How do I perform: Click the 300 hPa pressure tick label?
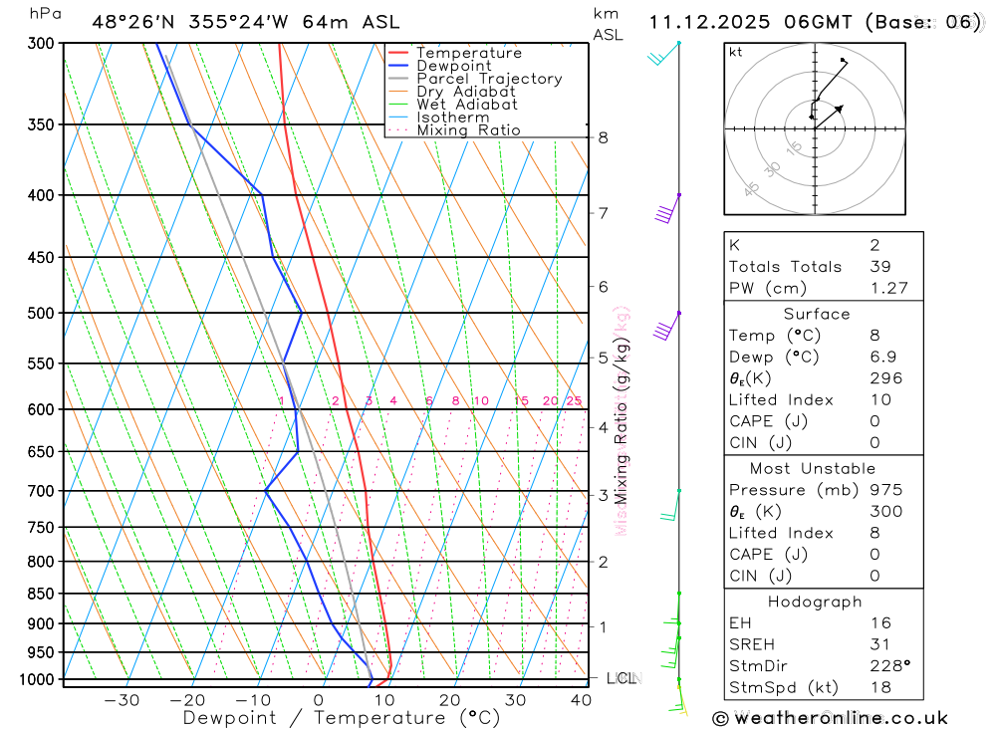pos(40,43)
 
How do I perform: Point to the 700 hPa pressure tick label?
pos(40,491)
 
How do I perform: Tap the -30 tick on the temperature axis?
pos(122,700)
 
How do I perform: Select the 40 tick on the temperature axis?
pos(579,700)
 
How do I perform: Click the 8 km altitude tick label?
pos(604,137)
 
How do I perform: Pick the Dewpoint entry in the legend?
pos(455,66)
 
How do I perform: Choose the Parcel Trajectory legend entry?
pos(489,79)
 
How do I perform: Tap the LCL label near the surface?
pos(621,679)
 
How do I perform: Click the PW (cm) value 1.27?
pos(882,288)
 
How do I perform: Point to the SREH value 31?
pos(880,644)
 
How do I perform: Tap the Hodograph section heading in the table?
pos(815,602)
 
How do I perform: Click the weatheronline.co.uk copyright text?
pos(830,717)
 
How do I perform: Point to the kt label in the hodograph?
pos(736,52)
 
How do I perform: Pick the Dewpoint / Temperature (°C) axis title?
pos(342,717)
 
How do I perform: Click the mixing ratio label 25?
pos(574,401)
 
